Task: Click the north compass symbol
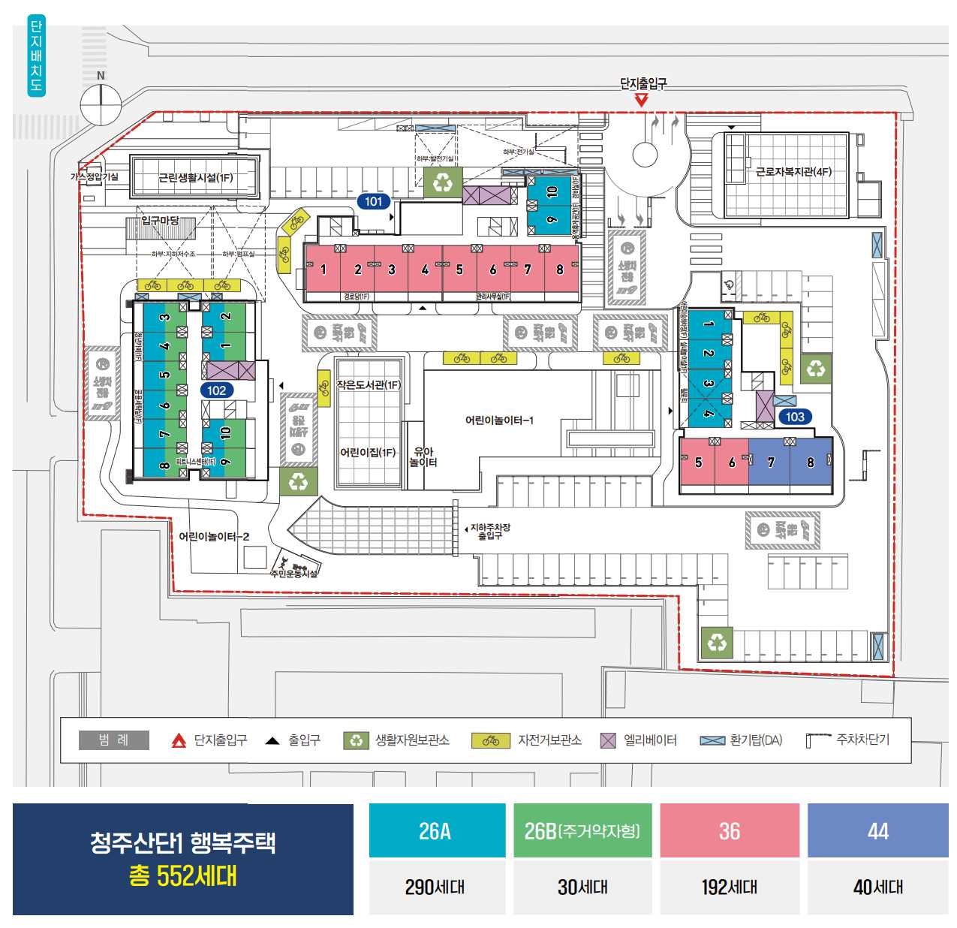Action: click(101, 104)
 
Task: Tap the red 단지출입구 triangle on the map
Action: click(641, 99)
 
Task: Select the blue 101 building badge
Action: click(373, 201)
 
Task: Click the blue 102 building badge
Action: click(217, 390)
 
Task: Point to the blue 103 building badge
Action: click(795, 417)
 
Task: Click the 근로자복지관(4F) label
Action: click(793, 172)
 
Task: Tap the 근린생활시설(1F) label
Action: click(195, 178)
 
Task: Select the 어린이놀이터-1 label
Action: click(499, 420)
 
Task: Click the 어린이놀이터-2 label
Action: click(214, 537)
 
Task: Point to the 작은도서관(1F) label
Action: click(369, 385)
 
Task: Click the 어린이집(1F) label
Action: click(368, 452)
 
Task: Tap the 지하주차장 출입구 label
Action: click(490, 532)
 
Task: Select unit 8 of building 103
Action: click(810, 462)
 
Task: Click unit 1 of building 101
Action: click(324, 270)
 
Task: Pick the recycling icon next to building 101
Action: click(443, 182)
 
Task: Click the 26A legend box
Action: click(436, 831)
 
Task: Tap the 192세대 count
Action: click(729, 887)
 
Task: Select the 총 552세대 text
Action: click(182, 875)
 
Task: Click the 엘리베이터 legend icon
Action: click(608, 740)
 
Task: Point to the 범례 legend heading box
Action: click(114, 740)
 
